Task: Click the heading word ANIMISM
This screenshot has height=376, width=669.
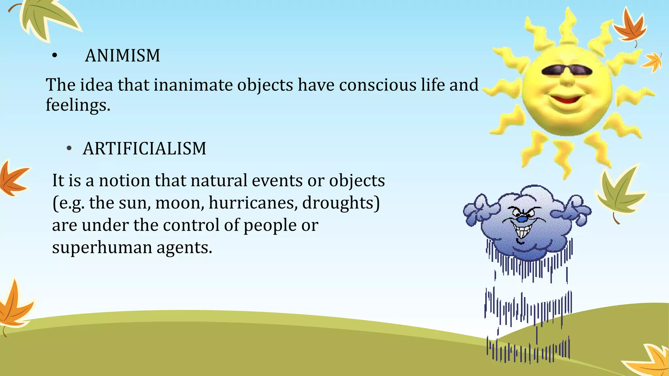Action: coord(122,55)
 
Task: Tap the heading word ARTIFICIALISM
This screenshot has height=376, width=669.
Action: coord(144,149)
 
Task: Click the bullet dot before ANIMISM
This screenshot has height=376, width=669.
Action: coord(55,56)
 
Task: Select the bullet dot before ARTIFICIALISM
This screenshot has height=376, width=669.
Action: coord(69,149)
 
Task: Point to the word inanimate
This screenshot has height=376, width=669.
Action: coord(193,85)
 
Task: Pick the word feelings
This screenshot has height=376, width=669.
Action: coord(78,105)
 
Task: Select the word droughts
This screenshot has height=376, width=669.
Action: coord(341,203)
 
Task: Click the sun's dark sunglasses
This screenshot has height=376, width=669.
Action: coord(567,70)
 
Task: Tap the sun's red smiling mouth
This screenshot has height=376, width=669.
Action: coord(566,98)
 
